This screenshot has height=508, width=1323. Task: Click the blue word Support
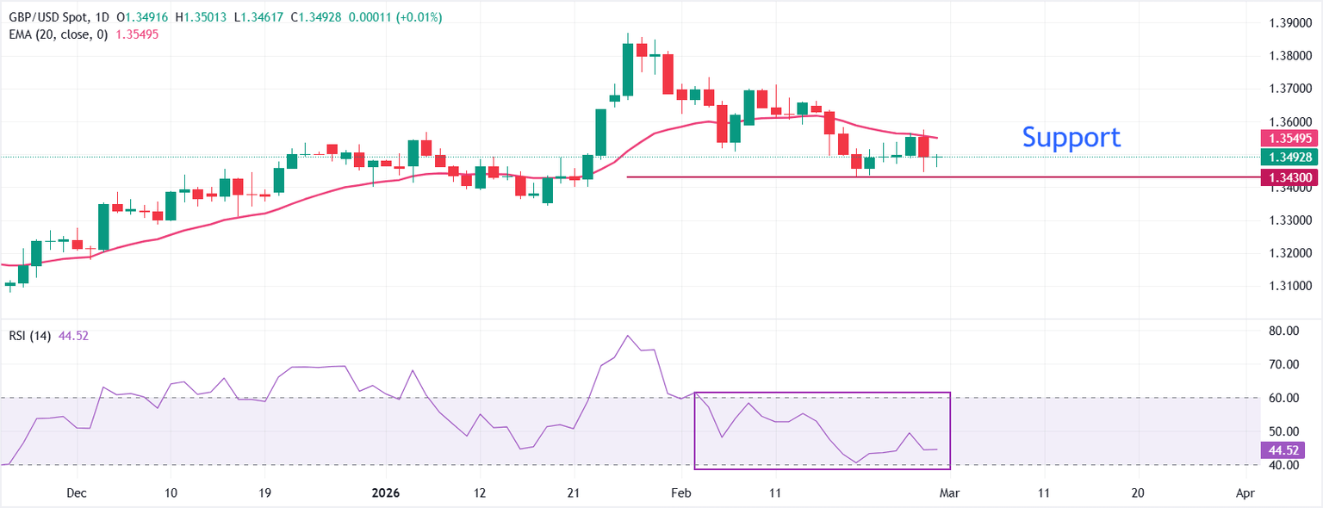tap(1071, 137)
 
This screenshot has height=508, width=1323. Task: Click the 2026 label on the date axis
tap(386, 493)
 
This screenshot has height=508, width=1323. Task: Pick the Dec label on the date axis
tap(76, 493)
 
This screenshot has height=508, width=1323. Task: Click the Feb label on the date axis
tap(681, 493)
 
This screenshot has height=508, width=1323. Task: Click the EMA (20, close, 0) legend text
tap(56, 34)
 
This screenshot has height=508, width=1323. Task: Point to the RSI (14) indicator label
tap(28, 336)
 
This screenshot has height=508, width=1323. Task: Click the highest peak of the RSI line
tap(628, 336)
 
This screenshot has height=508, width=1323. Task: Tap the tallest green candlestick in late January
tap(628, 69)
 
